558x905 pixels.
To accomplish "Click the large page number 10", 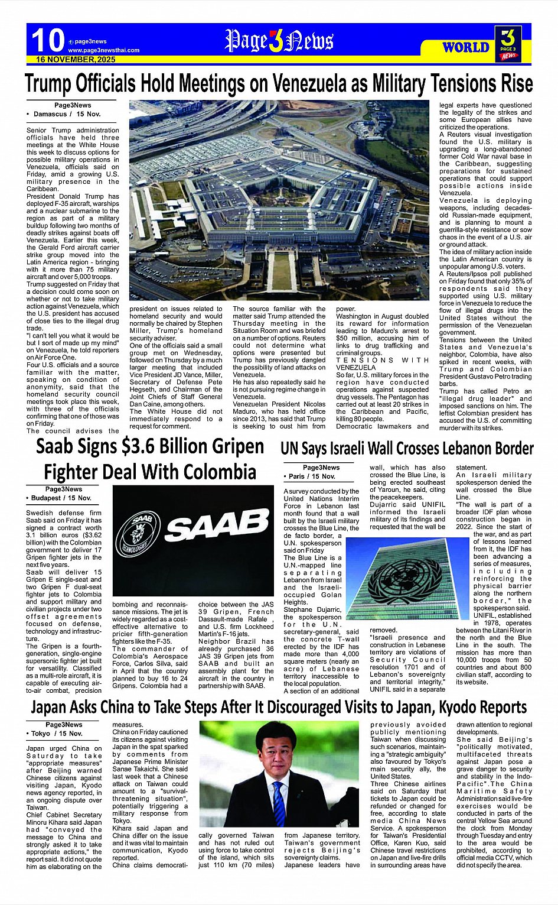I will pyautogui.click(x=47, y=41).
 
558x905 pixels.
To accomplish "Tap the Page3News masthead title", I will pyautogui.click(x=279, y=41).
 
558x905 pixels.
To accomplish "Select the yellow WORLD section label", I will pyautogui.click(x=466, y=47).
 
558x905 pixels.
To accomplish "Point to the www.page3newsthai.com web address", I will pyautogui.click(x=103, y=50).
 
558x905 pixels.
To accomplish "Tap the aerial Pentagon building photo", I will pyautogui.click(x=280, y=201).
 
